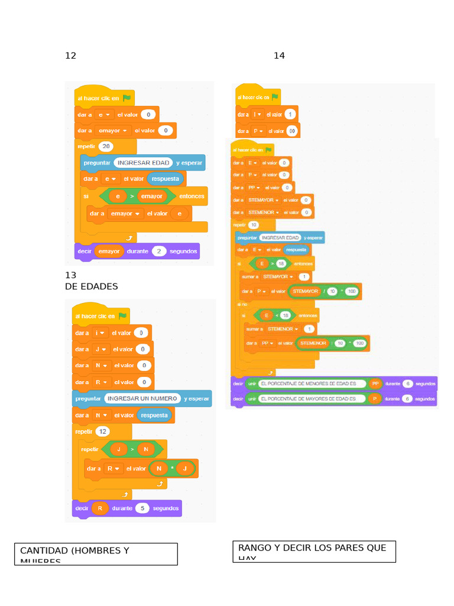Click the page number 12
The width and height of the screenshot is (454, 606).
point(70,56)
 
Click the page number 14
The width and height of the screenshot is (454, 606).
point(279,56)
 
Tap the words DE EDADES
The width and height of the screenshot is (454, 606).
point(91,286)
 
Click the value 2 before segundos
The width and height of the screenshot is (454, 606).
point(159,251)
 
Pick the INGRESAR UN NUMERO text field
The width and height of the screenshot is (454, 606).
point(142,398)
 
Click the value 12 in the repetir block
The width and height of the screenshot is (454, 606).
point(103,431)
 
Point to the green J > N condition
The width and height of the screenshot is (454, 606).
point(132,449)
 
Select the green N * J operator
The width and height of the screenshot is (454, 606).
point(172,469)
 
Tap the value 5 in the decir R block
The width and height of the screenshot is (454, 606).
point(142,508)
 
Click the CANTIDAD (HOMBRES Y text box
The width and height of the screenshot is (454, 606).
point(96,554)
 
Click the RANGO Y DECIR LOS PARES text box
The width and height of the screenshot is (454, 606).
point(314,552)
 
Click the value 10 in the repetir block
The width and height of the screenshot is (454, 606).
point(254,225)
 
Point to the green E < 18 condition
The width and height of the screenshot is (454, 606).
point(277,315)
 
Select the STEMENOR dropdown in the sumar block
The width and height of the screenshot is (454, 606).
point(283,328)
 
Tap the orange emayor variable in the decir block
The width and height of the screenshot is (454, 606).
point(109,251)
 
